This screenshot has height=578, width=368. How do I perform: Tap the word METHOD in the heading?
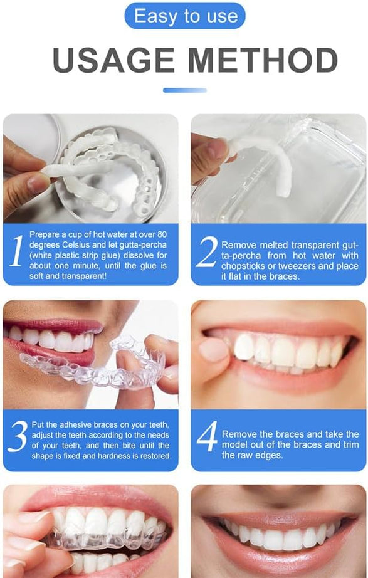click(x=263, y=61)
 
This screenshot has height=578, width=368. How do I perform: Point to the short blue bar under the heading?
click(x=184, y=90)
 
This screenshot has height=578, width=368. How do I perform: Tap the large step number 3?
click(x=18, y=437)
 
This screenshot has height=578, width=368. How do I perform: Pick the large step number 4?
click(x=206, y=437)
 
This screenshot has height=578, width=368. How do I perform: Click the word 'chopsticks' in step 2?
click(x=242, y=266)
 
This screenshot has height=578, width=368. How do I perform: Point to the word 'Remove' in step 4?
click(x=237, y=434)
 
